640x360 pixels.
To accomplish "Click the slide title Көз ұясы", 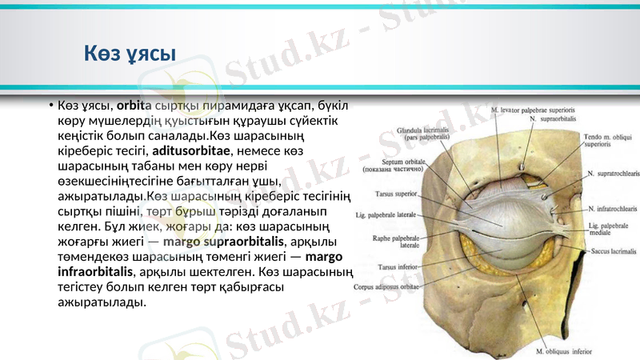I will pos(130,54).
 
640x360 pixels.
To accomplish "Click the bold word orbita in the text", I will pos(134,105).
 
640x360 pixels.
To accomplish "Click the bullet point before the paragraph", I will pos(49,106).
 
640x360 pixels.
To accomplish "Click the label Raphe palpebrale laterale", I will pos(394,241).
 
